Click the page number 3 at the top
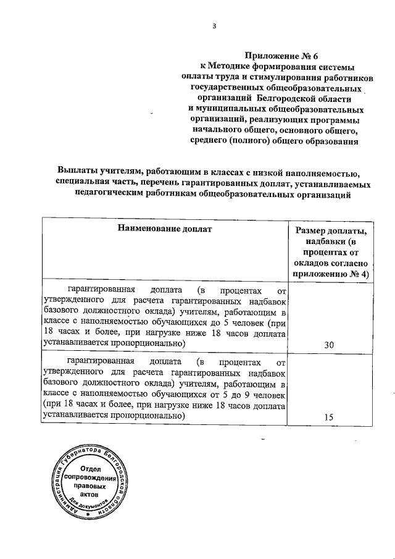click(x=214, y=26)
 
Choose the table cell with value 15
click(x=329, y=417)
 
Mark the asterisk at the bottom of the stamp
click(x=88, y=514)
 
